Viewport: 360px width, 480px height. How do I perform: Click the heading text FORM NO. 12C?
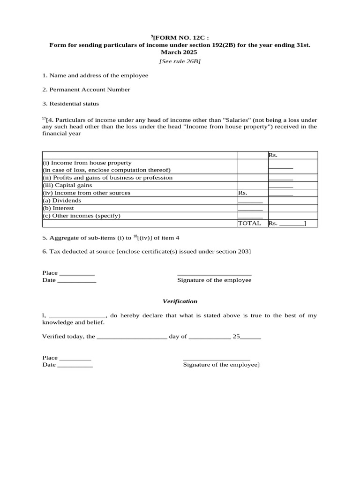click(180, 37)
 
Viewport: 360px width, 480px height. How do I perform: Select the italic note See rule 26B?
click(180, 61)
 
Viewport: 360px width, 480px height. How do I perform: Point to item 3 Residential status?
click(70, 104)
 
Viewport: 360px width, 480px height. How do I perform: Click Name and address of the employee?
click(95, 75)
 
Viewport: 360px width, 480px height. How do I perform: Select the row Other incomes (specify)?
click(82, 216)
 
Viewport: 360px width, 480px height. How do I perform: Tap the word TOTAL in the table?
click(249, 223)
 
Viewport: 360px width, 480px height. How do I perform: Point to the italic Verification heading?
click(180, 301)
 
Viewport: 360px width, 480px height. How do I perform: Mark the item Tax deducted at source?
click(146, 252)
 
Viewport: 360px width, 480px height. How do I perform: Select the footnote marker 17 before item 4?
click(44, 119)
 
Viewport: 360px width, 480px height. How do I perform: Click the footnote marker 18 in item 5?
click(135, 236)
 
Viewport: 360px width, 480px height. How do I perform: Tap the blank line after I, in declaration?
click(78, 316)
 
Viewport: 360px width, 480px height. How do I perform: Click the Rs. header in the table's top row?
click(273, 155)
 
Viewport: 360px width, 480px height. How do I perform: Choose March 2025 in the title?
click(180, 52)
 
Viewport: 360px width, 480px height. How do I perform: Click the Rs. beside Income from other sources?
click(242, 193)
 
